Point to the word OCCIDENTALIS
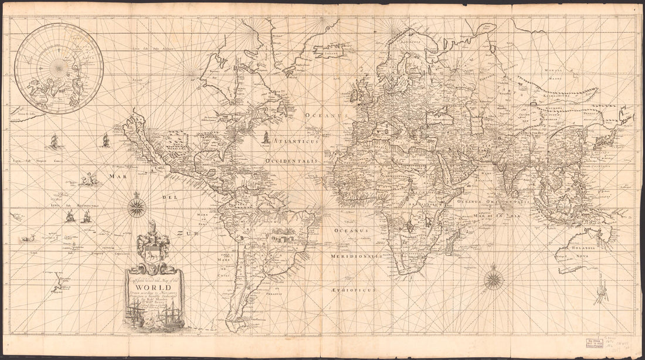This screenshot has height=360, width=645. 291,160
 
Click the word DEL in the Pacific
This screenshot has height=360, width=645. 171,197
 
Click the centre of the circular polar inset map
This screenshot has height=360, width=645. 59,68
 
